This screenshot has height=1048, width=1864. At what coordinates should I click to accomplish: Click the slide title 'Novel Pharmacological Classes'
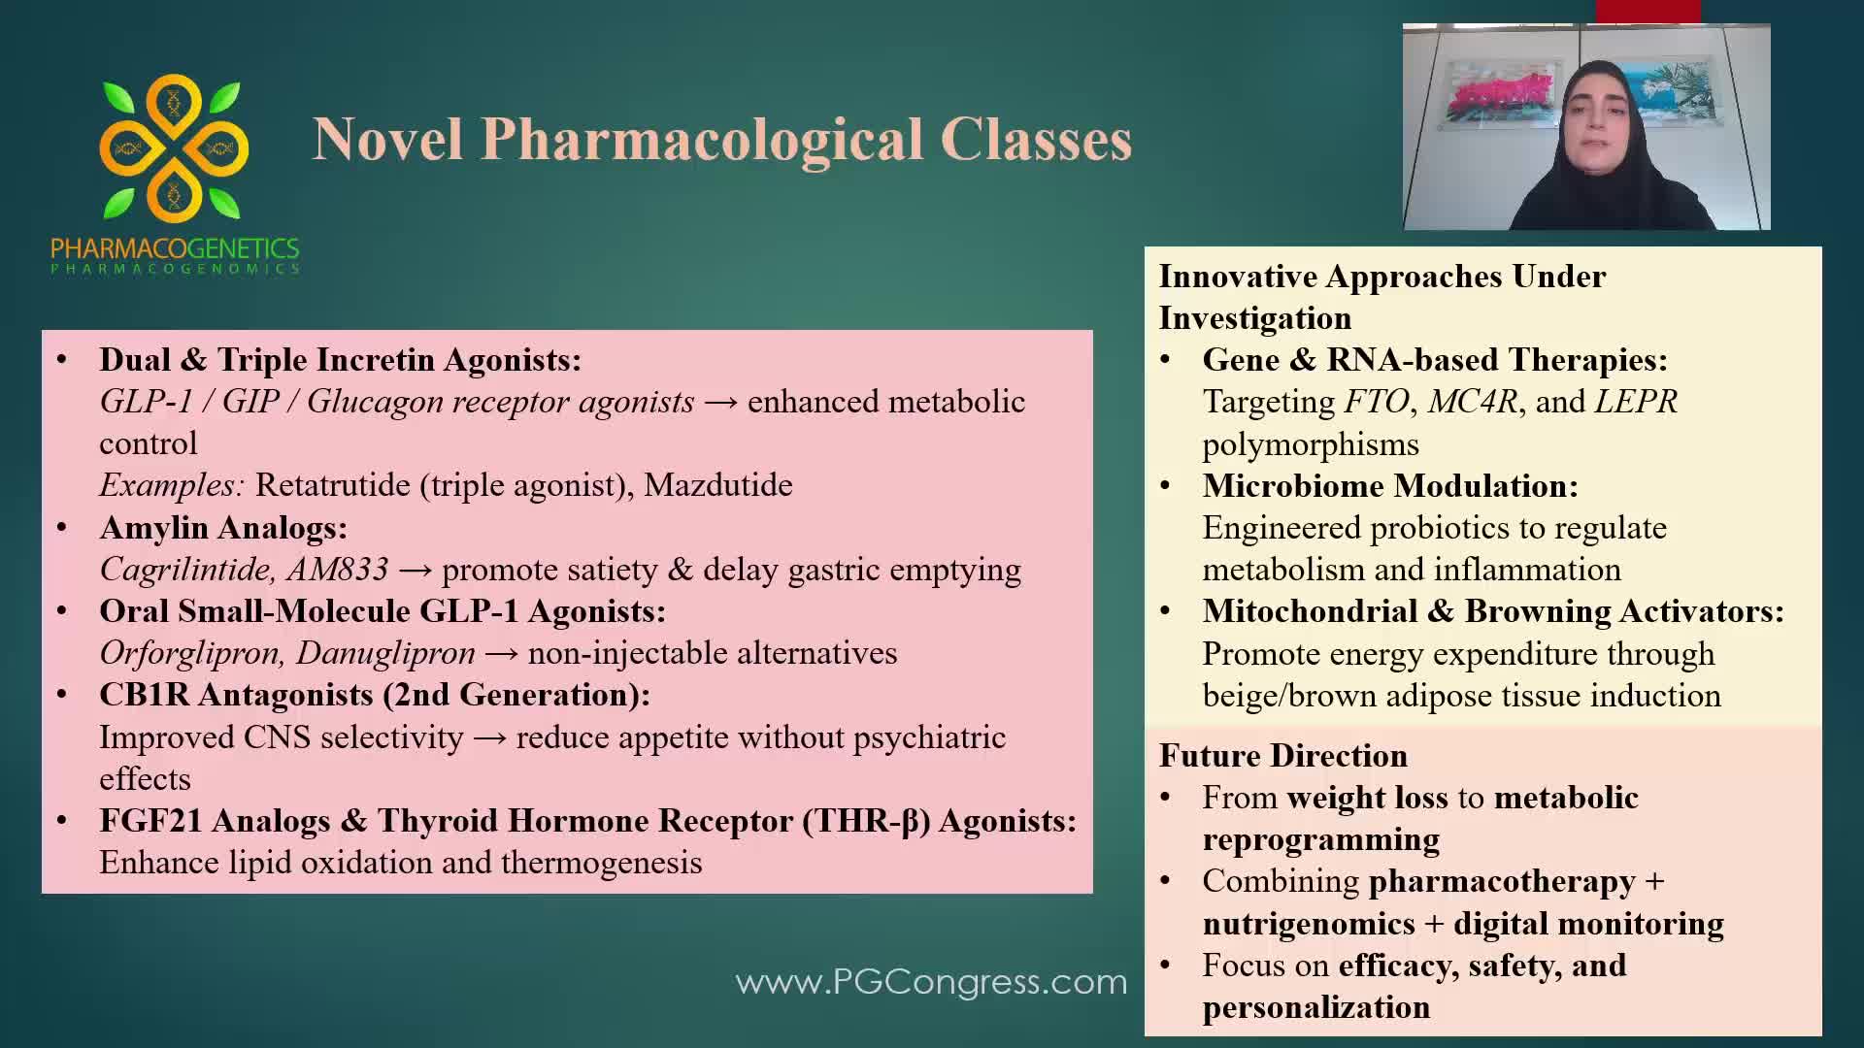pyautogui.click(x=721, y=140)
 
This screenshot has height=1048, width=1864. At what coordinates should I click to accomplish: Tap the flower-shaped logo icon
pyautogui.click(x=174, y=147)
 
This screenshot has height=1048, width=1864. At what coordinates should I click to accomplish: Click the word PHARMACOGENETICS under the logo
pyautogui.click(x=175, y=249)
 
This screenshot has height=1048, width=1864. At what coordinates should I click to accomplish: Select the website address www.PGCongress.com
pyautogui.click(x=931, y=982)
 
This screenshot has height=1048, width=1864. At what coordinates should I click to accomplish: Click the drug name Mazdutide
pyautogui.click(x=718, y=485)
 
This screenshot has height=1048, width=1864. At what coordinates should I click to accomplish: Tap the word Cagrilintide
pyautogui.click(x=183, y=570)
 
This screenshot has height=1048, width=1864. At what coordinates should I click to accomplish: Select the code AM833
pyautogui.click(x=338, y=570)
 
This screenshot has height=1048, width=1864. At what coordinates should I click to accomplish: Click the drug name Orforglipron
pyautogui.click(x=189, y=653)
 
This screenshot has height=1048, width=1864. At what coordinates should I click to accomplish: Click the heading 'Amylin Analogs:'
pyautogui.click(x=223, y=528)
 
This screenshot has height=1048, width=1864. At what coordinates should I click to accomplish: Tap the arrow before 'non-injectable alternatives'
pyautogui.click(x=501, y=654)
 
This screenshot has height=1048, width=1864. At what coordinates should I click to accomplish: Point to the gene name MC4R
pyautogui.click(x=1473, y=402)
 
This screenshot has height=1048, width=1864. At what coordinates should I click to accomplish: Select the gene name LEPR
pyautogui.click(x=1636, y=402)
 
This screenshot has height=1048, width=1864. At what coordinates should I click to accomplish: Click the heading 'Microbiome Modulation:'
pyautogui.click(x=1390, y=486)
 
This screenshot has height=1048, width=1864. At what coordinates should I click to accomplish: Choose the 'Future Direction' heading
pyautogui.click(x=1282, y=756)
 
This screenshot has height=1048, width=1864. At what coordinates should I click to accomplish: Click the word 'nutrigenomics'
pyautogui.click(x=1309, y=924)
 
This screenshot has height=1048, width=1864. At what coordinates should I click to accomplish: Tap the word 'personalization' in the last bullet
pyautogui.click(x=1315, y=1008)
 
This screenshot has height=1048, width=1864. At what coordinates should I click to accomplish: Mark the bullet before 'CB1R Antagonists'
pyautogui.click(x=62, y=696)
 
